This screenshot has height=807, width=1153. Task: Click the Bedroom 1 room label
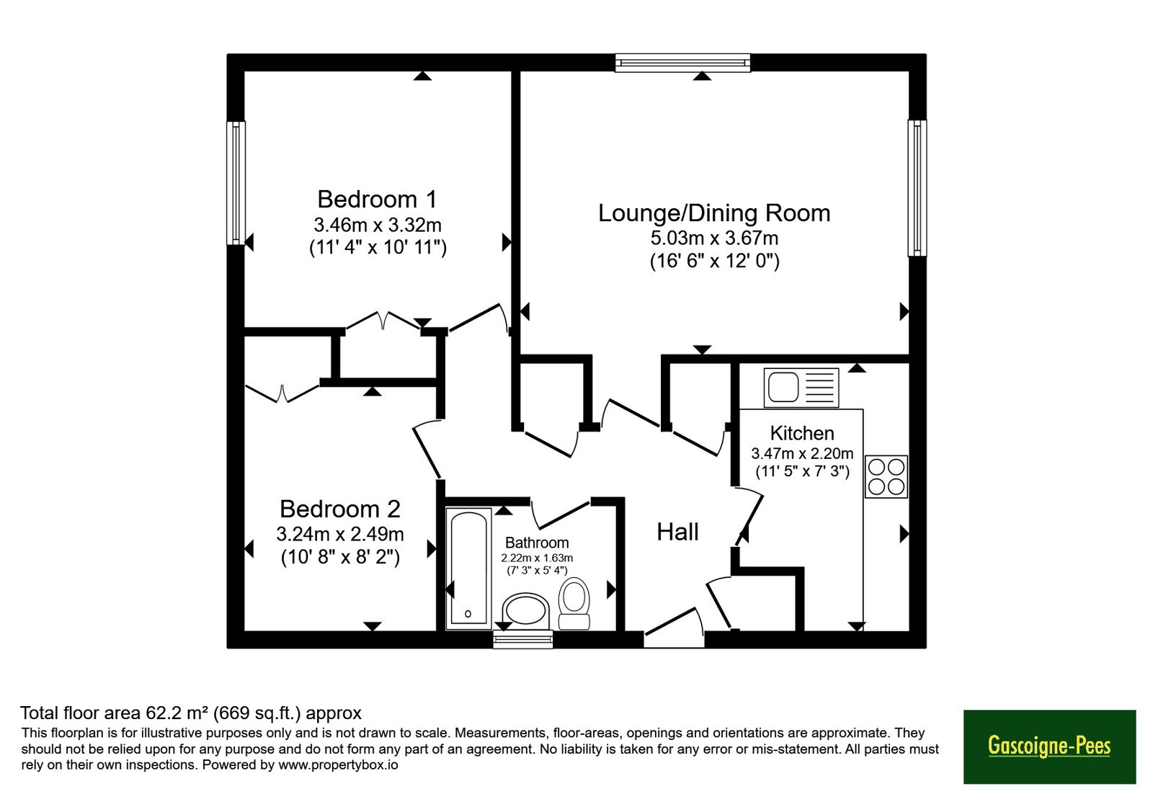[377, 199]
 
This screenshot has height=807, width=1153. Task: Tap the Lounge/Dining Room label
[714, 213]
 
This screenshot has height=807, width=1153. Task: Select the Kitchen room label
[802, 433]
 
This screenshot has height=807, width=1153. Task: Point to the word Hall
[677, 532]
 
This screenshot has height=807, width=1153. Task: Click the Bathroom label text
[537, 543]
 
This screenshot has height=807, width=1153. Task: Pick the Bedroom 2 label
[339, 509]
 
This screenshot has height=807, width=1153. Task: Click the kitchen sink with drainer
[801, 387]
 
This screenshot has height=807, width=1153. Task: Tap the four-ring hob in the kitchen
[886, 476]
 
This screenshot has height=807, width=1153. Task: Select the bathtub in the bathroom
[468, 569]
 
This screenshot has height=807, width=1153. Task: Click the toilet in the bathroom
[574, 603]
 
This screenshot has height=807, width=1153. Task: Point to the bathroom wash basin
[525, 612]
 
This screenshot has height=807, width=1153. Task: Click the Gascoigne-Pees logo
[1049, 746]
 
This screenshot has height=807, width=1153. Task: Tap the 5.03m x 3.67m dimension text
[714, 238]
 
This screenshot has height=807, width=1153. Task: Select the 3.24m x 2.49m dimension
[339, 534]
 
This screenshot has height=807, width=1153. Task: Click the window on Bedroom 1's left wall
[236, 183]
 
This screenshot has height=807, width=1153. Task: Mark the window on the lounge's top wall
[682, 62]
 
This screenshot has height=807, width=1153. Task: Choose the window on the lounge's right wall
[917, 188]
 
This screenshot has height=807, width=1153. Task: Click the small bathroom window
[523, 639]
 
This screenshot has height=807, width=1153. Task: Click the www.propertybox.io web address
[338, 764]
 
